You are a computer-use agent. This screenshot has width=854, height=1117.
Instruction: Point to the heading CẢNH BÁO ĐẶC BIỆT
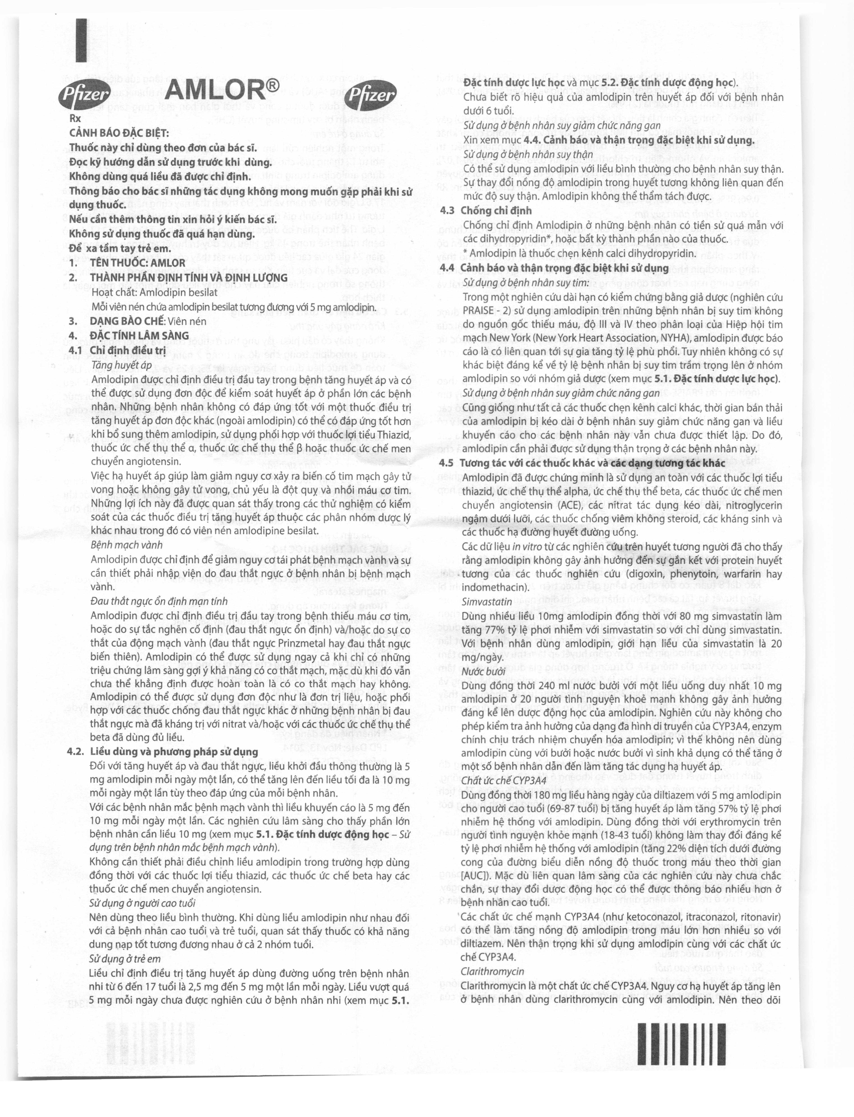click(119, 133)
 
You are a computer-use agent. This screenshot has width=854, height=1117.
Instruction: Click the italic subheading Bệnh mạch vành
click(127, 545)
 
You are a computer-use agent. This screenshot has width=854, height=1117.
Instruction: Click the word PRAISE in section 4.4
click(478, 311)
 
